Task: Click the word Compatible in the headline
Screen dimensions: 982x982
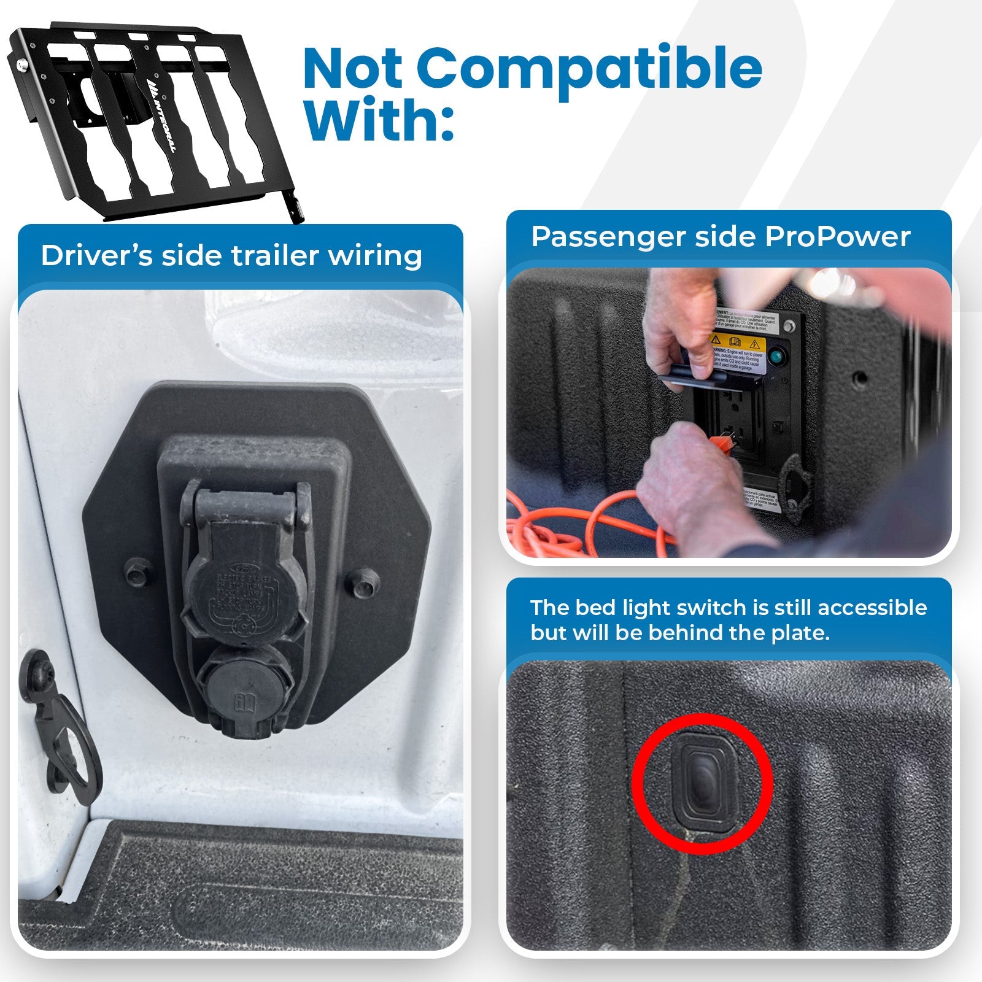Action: point(589,69)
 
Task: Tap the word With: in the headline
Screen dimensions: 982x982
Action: point(379,120)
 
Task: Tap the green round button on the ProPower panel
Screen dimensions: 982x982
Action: point(777,357)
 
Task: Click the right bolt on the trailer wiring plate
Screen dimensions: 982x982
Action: point(363,582)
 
